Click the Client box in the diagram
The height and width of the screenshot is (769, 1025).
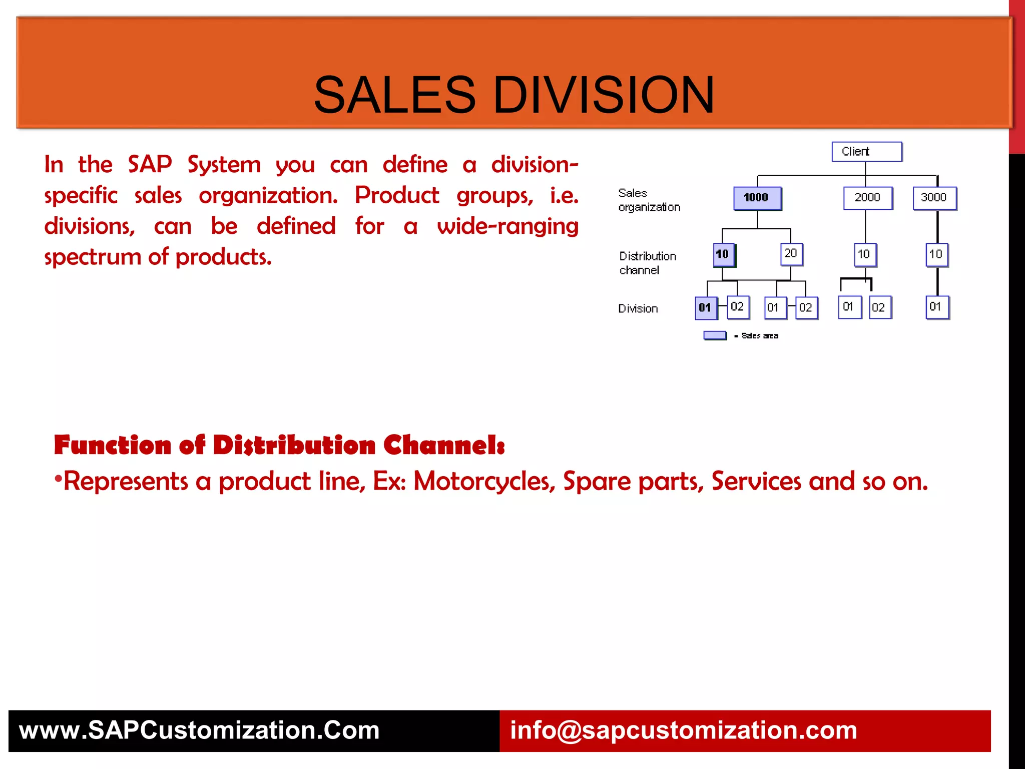pyautogui.click(x=866, y=152)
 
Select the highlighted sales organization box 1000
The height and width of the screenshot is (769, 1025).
pyautogui.click(x=757, y=198)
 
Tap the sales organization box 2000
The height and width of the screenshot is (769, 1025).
pyautogui.click(x=867, y=198)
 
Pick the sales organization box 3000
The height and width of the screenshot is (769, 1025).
pyautogui.click(x=934, y=198)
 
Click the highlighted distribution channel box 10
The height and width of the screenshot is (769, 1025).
pyautogui.click(x=723, y=254)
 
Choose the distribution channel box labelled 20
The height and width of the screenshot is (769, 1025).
pyautogui.click(x=791, y=254)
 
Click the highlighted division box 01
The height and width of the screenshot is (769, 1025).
pyautogui.click(x=705, y=307)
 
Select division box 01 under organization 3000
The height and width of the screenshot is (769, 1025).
pyautogui.click(x=936, y=307)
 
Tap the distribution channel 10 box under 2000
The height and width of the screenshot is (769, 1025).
pyautogui.click(x=864, y=254)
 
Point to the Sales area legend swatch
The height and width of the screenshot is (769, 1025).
pyautogui.click(x=715, y=335)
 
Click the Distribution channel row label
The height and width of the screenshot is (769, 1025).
pyautogui.click(x=647, y=263)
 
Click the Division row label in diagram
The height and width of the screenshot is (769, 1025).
pyautogui.click(x=638, y=309)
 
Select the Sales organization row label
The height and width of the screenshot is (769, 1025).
pyautogui.click(x=649, y=200)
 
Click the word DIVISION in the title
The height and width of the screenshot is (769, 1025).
pyautogui.click(x=604, y=95)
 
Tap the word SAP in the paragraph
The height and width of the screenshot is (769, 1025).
pyautogui.click(x=150, y=164)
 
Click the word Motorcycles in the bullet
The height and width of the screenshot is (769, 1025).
pyautogui.click(x=484, y=481)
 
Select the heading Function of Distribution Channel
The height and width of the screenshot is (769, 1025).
pyautogui.click(x=279, y=445)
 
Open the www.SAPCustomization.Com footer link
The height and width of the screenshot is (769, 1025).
pyautogui.click(x=199, y=730)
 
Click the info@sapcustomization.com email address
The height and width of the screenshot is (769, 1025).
pyautogui.click(x=683, y=730)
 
